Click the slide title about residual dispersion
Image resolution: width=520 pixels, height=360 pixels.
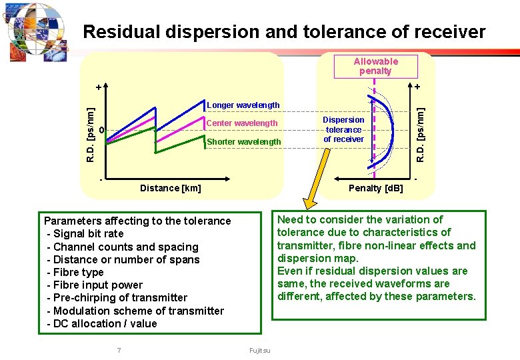tap(285, 31)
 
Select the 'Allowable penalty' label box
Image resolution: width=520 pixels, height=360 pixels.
tap(375, 66)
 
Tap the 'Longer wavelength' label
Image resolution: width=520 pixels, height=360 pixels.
tap(243, 105)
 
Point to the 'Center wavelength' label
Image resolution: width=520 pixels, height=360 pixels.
tap(242, 123)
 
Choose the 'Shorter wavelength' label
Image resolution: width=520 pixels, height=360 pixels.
tap(244, 142)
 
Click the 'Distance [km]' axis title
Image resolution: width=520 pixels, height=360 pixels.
tap(170, 188)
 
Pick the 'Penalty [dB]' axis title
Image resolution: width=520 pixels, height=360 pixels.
tap(376, 188)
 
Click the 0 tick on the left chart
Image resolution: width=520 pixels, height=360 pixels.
tap(101, 129)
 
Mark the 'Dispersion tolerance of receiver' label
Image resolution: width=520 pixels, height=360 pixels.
tap(343, 129)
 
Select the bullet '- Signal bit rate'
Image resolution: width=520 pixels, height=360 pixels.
tap(85, 234)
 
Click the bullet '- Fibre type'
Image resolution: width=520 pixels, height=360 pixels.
tap(75, 273)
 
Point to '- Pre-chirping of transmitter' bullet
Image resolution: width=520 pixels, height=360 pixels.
tap(117, 298)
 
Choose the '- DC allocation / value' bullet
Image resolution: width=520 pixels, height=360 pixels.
tap(102, 324)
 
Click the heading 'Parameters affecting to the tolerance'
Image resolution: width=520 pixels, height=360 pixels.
tap(137, 221)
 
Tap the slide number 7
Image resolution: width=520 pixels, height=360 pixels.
tap(119, 351)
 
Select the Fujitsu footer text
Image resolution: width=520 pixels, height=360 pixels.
tap(260, 351)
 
